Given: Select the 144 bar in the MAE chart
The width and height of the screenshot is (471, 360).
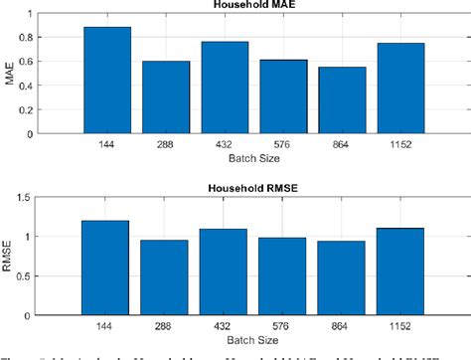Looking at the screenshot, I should pyautogui.click(x=107, y=81).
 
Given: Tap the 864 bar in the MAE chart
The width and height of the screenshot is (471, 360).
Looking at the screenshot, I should pyautogui.click(x=342, y=100).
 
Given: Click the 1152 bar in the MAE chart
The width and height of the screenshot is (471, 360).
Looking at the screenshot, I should pyautogui.click(x=400, y=89).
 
